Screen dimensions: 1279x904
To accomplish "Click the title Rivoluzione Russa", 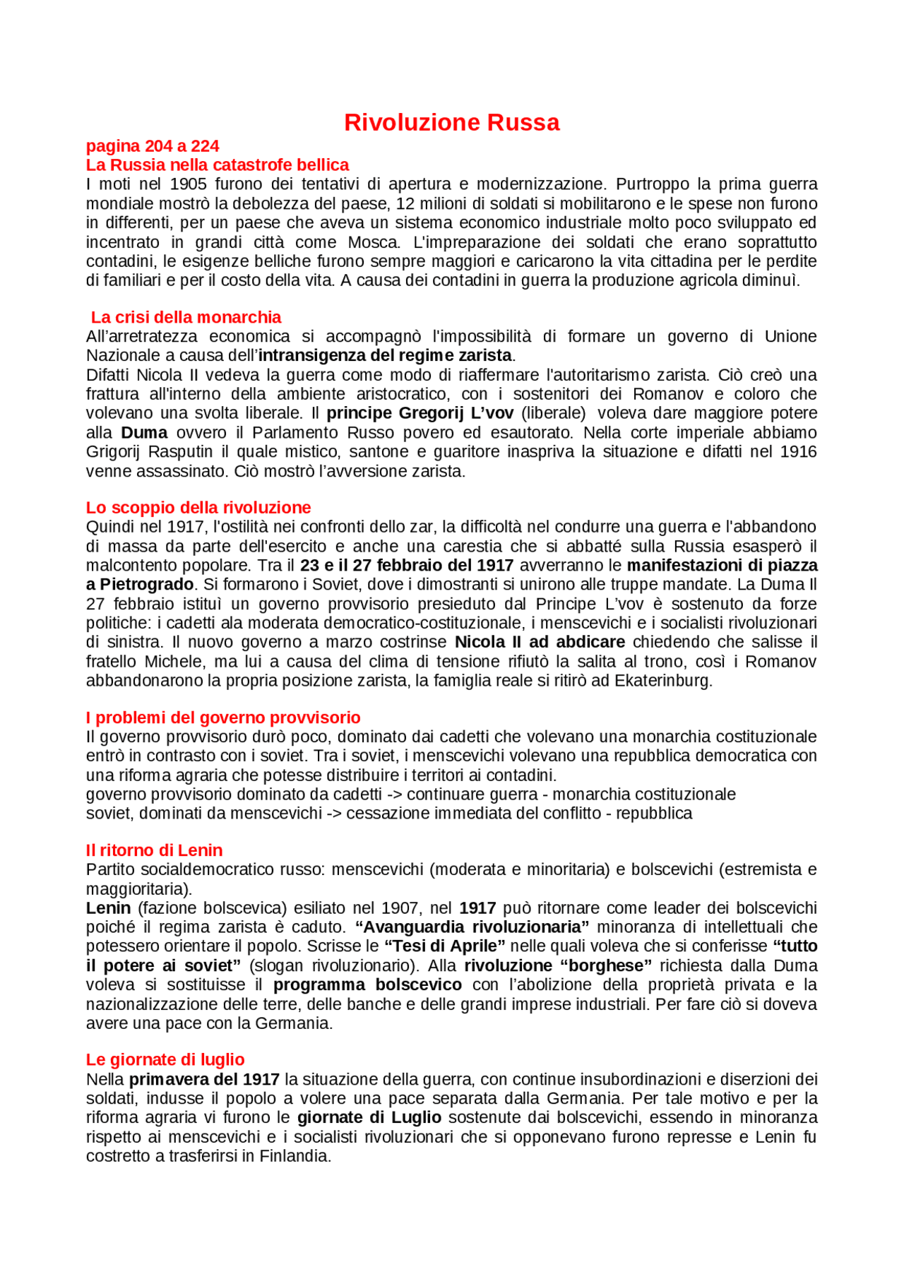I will (x=451, y=123).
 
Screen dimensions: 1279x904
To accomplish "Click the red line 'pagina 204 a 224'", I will (x=153, y=146).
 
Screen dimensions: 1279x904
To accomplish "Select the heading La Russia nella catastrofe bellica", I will (x=218, y=165).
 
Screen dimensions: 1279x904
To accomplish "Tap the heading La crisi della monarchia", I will (x=186, y=317).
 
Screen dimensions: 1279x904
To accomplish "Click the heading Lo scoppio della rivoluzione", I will (x=198, y=508).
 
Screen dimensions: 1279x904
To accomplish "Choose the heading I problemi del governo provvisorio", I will (x=223, y=718).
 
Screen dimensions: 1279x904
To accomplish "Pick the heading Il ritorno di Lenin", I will (x=154, y=850).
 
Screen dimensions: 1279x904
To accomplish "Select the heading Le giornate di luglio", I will (x=165, y=1059).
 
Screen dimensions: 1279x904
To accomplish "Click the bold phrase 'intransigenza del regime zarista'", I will (x=385, y=355).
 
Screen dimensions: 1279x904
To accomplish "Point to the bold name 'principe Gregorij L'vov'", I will (x=420, y=413).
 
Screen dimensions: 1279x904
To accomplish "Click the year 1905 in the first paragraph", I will (x=188, y=184).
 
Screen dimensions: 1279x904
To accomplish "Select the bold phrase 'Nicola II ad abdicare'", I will (x=540, y=642).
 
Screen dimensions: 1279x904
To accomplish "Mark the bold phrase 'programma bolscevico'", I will (x=367, y=985).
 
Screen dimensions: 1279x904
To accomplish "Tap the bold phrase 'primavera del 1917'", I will (x=204, y=1080).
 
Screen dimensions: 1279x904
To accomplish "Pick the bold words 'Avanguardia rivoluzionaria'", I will (x=472, y=927).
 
